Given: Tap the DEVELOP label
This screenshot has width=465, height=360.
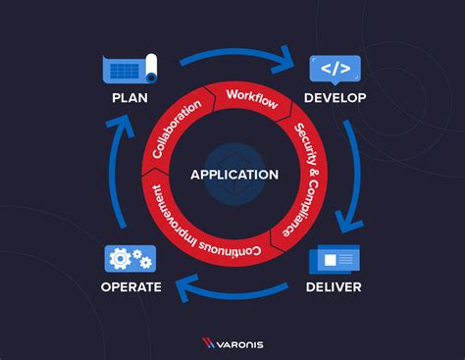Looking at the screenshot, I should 336,98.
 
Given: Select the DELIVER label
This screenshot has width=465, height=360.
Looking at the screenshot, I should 334,287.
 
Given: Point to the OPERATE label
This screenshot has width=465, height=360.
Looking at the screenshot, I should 131,287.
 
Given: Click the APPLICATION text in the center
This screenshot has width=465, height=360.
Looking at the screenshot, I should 234,175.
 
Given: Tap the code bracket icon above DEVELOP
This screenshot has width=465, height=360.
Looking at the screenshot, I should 336,69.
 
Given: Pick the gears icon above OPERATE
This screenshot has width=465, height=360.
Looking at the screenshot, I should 130,259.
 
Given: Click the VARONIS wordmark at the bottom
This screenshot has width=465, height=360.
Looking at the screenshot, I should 244,343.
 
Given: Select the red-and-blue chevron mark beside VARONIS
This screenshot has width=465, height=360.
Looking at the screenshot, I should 209,343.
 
